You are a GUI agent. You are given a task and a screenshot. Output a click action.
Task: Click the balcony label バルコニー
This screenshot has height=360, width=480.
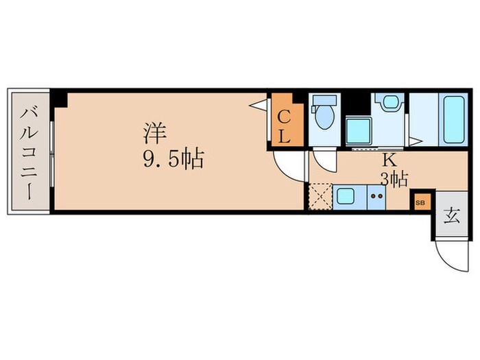point(29,153)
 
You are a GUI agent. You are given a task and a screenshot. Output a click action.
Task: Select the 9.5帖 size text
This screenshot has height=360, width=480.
point(173,160)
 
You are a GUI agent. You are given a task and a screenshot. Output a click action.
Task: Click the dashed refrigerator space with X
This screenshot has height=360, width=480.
point(320,197)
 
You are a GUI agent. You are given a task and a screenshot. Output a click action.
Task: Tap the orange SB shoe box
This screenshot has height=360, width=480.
point(420,203)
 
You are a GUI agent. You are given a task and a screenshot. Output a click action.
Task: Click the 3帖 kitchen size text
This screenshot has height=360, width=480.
point(395,180)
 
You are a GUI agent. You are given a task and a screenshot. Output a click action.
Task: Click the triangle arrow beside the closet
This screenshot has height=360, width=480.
point(261,105)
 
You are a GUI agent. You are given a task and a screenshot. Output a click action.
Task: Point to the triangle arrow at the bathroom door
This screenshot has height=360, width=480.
point(416,141)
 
